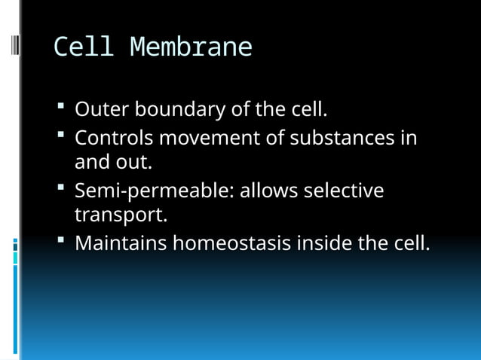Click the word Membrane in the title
point(191,47)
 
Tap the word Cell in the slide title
point(83,47)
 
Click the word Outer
point(102,110)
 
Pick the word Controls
point(114,139)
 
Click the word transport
point(118,216)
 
